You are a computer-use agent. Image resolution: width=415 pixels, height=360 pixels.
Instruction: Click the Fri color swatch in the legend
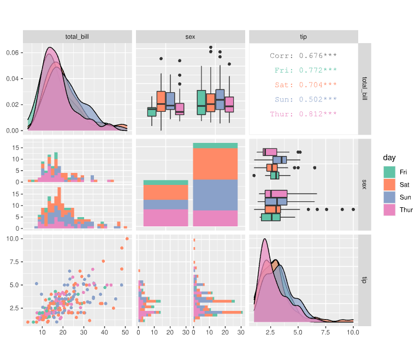(x=389, y=171)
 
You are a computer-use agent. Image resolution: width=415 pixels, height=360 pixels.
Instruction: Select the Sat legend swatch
(x=389, y=184)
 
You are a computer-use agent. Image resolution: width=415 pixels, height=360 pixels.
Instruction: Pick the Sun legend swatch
(x=389, y=197)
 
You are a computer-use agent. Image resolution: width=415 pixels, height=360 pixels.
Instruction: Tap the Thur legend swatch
(x=389, y=210)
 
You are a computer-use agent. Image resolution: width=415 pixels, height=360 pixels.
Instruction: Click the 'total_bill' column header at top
(x=77, y=37)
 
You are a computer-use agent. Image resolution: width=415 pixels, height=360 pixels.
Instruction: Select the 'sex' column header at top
(x=190, y=37)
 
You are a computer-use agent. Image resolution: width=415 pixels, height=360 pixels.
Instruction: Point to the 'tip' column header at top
(x=303, y=37)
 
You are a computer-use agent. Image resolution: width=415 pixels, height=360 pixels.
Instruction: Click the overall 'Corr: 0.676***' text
(x=303, y=56)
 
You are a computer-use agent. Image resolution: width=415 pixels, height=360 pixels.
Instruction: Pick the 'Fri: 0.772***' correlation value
(x=303, y=70)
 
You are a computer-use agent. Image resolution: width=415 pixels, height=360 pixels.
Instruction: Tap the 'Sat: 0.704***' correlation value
(x=303, y=85)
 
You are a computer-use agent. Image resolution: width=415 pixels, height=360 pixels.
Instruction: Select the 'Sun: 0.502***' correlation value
(x=303, y=100)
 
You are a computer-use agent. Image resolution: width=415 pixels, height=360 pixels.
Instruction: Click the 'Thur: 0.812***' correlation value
(x=303, y=115)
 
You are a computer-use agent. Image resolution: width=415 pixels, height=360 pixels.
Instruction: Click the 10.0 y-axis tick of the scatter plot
(x=13, y=239)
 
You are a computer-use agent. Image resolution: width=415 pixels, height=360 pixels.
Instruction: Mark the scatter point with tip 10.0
(x=127, y=239)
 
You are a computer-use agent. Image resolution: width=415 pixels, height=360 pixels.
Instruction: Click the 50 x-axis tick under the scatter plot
(x=125, y=331)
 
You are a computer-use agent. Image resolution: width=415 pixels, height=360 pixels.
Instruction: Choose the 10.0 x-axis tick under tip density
(x=353, y=331)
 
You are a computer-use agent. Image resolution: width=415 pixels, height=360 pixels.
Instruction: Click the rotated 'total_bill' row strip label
(x=365, y=89)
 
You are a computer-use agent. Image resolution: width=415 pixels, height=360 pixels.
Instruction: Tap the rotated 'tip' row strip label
(x=365, y=280)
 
